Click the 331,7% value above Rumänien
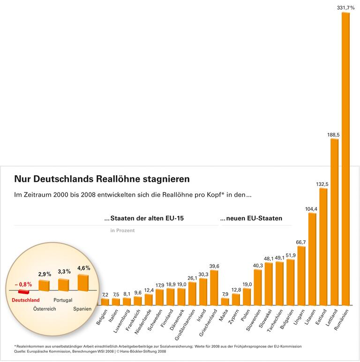345,7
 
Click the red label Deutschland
25,300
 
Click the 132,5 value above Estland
323,184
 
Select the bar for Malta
225,301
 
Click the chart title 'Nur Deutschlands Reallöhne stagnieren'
102,179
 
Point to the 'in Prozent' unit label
122,230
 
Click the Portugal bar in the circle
63,285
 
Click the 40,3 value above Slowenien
258,266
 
